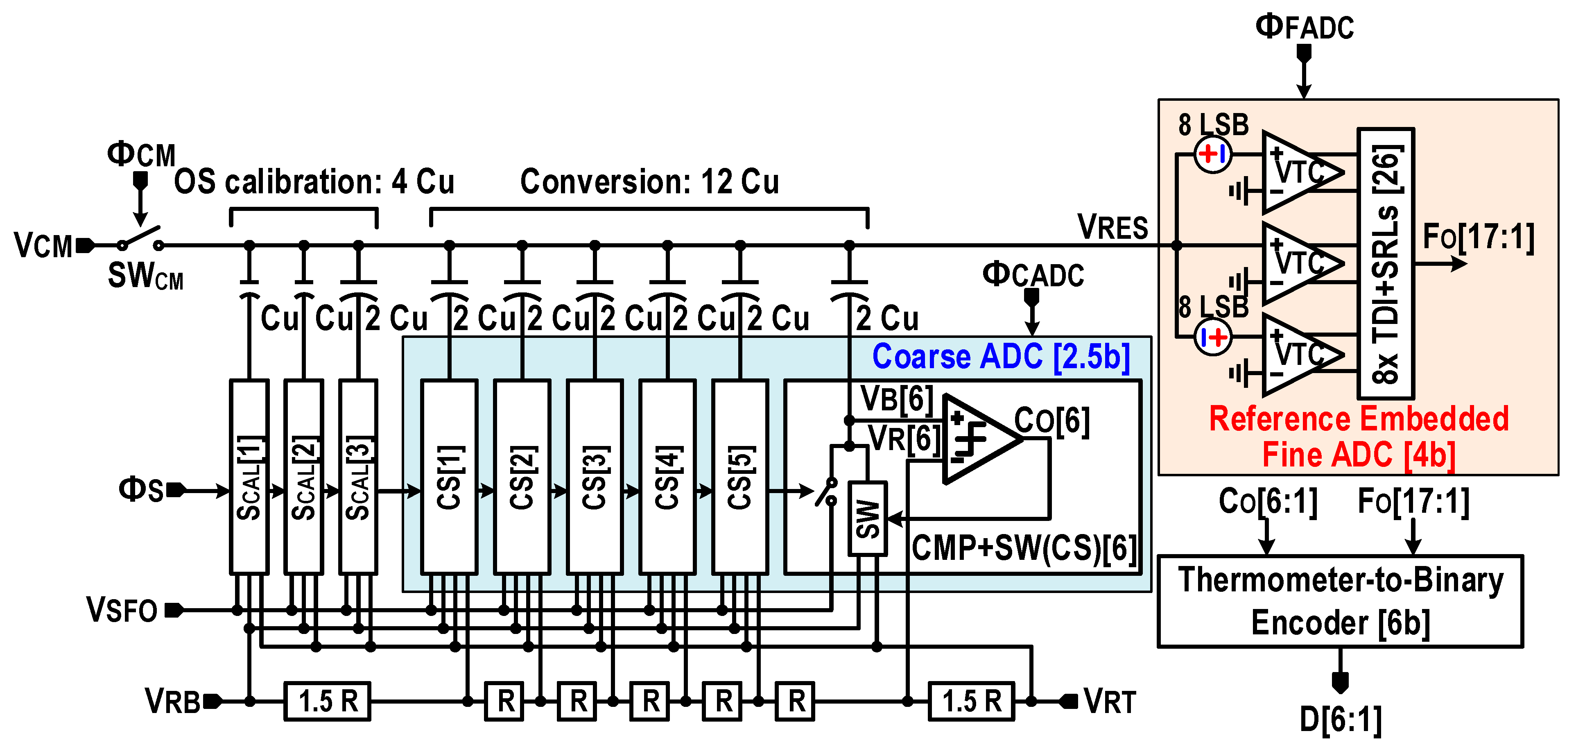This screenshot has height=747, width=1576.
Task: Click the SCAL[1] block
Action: [249, 477]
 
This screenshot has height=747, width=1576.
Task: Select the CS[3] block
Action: [594, 477]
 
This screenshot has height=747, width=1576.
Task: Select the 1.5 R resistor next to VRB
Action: [327, 701]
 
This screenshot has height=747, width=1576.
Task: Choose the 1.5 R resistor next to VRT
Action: [972, 701]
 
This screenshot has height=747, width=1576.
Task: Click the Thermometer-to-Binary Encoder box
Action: [1340, 601]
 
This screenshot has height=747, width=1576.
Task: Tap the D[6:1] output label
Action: [1340, 720]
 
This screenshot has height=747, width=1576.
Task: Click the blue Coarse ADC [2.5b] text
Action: [1000, 357]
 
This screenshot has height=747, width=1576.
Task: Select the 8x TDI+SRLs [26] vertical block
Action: [1385, 263]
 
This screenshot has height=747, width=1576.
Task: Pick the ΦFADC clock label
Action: [1305, 27]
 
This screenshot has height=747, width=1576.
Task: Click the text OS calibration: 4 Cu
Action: [314, 182]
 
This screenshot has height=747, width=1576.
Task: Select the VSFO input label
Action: [122, 610]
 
